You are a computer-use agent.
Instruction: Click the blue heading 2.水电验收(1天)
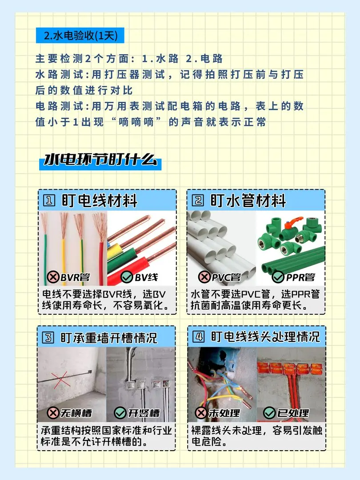(80, 36)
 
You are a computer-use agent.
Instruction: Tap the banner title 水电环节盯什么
(100, 160)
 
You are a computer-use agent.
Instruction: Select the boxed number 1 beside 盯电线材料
(49, 200)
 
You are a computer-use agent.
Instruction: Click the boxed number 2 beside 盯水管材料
(198, 200)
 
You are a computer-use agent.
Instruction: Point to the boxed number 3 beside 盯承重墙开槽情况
(48, 337)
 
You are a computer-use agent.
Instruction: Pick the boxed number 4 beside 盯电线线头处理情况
(199, 337)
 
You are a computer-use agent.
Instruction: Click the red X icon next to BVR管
(52, 277)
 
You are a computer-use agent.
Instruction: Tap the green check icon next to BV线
(126, 277)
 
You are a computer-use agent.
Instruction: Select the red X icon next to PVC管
(204, 277)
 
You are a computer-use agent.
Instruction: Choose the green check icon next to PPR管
(278, 277)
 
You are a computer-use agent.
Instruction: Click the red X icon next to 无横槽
(52, 413)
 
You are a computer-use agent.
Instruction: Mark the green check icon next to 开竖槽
(120, 413)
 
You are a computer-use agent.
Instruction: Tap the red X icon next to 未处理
(201, 413)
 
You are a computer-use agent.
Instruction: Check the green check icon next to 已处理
(269, 413)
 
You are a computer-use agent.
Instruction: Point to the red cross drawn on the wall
(60, 380)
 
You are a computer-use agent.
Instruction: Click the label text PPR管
(300, 277)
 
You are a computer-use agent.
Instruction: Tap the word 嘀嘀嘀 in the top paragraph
(136, 122)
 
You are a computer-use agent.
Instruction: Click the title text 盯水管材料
(248, 200)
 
